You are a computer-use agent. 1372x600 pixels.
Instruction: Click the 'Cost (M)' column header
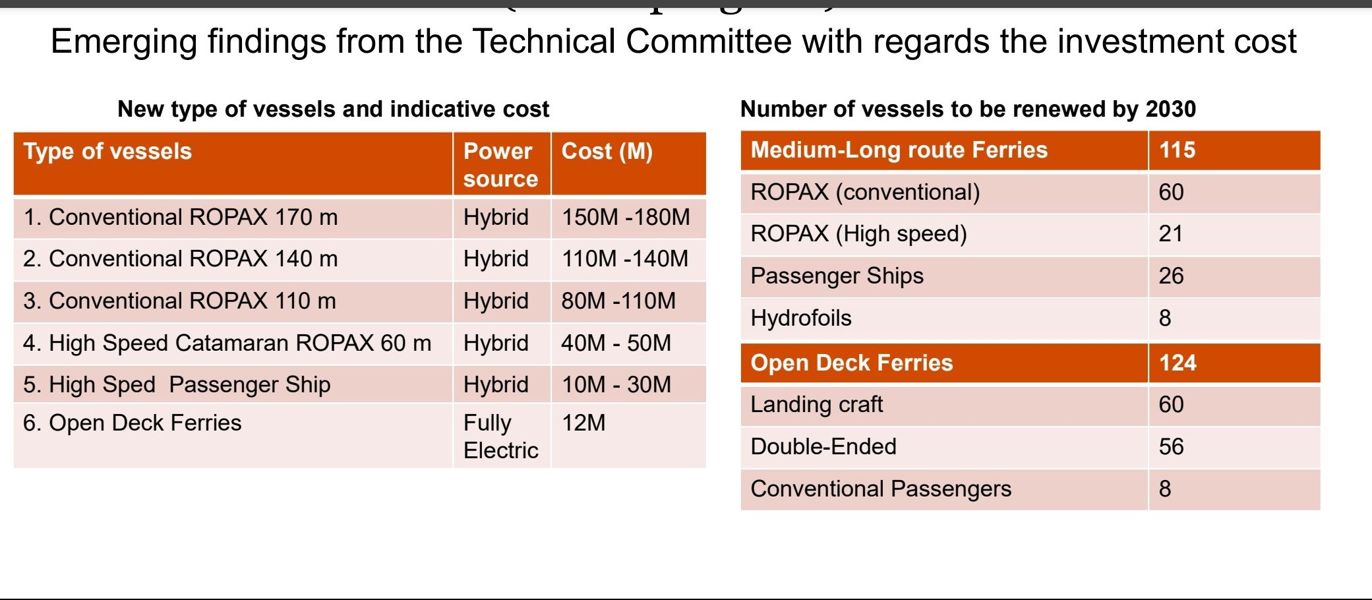607,152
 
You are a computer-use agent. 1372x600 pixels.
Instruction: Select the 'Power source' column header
500,165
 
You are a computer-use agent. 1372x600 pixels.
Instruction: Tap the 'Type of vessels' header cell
107,152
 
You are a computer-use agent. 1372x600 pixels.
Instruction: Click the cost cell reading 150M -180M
625,218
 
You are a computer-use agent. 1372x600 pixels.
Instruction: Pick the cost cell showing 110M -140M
624,259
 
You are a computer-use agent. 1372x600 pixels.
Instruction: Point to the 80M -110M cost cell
618,301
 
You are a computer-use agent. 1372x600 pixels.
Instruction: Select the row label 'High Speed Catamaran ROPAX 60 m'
227,344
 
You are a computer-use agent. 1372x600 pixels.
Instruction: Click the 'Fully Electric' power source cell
500,436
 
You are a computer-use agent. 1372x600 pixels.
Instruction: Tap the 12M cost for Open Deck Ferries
583,423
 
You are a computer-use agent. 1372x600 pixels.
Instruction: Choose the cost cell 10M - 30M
616,385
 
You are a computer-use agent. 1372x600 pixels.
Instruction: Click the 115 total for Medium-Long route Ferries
1177,150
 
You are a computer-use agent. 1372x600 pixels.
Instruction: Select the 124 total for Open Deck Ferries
1178,363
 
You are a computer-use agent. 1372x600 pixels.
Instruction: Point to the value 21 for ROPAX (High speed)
1170,234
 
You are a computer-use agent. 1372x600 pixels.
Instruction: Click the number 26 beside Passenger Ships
1171,276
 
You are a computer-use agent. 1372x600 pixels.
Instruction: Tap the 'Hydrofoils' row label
800,318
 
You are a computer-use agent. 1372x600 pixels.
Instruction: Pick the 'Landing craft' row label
816,405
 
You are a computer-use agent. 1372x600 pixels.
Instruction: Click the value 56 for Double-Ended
1171,447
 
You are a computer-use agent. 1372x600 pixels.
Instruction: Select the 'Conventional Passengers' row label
880,489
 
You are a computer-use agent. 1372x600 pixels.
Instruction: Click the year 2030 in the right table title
1170,109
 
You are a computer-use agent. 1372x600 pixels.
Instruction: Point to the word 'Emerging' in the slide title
124,42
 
